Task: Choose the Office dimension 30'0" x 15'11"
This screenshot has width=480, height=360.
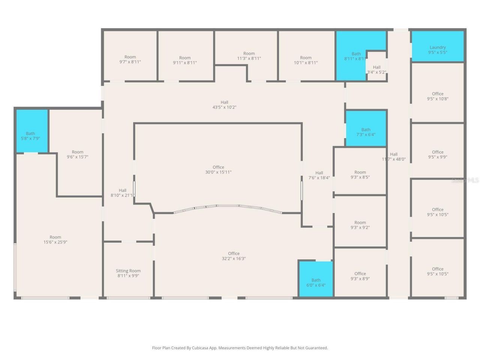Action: [218, 172]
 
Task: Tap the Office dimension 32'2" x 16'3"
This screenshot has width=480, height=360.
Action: [234, 258]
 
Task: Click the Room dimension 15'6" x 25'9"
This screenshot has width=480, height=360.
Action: [55, 242]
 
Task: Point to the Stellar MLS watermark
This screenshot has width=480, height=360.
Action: [465, 180]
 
